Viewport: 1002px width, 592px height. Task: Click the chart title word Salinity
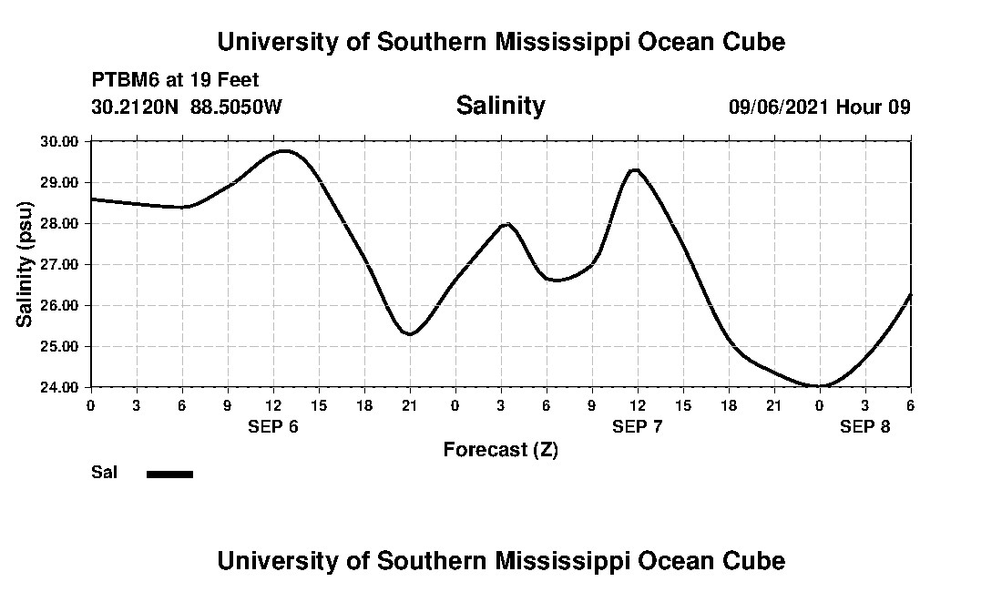coord(500,106)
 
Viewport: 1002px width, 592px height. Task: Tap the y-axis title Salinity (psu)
coord(26,264)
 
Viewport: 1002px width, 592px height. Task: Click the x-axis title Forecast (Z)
coord(500,449)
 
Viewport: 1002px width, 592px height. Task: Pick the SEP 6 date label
coord(273,426)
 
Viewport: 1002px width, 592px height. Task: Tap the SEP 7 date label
coord(638,426)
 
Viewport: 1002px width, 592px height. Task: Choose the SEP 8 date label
coord(864,426)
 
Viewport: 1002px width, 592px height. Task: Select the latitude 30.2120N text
coord(136,107)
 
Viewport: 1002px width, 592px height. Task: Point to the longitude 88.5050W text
coord(237,107)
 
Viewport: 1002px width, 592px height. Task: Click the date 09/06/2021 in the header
coord(779,107)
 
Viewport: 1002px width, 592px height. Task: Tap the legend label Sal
coord(104,473)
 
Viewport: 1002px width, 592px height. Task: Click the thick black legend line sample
coord(169,474)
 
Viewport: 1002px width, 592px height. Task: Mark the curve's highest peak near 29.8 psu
coord(284,151)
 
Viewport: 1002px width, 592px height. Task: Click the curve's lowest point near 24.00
coord(819,386)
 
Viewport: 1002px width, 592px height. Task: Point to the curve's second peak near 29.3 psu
coord(635,170)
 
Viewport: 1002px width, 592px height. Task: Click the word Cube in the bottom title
coord(755,560)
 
